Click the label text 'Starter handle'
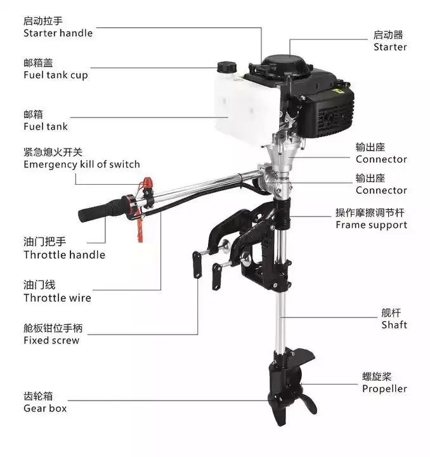58,33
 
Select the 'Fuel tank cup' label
56,75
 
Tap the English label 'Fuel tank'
46,126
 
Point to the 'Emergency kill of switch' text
82,164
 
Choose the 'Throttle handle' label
64,255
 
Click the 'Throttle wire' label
57,298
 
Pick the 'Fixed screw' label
51,340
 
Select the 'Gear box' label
45,408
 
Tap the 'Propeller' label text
384,388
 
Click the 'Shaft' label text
394,325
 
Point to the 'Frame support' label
371,225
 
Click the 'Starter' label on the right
390,47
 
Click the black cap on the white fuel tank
226,67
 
